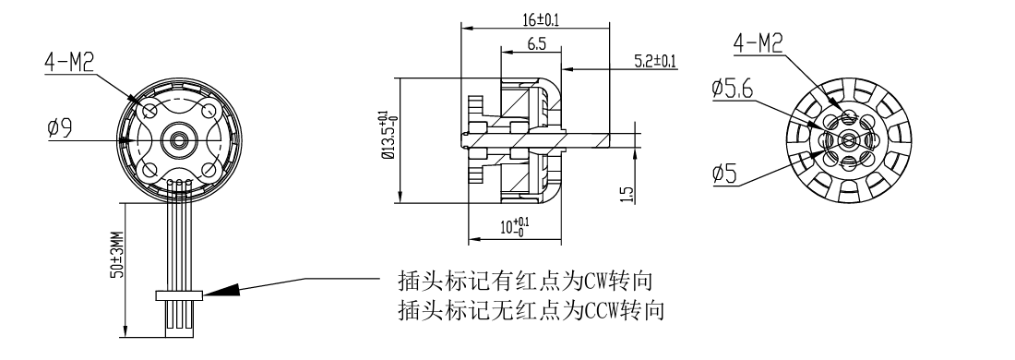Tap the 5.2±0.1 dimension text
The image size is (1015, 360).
point(654,62)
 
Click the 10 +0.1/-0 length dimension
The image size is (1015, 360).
point(515,227)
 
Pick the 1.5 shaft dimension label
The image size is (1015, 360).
point(626,194)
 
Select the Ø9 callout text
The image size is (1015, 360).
point(60,127)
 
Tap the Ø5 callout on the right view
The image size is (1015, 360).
point(724,174)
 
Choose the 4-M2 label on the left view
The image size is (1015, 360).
point(69,63)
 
